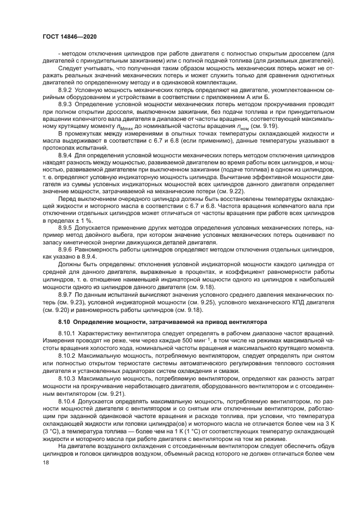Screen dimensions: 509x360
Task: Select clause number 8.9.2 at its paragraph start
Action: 66,89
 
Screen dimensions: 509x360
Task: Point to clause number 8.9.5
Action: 66,234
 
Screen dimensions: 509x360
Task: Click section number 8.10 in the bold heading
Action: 65,322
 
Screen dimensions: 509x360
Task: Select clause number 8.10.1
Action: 68,332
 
